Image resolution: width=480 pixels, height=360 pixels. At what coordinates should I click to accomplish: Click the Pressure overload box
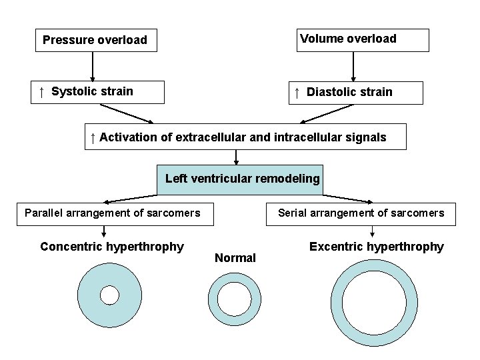pyautogui.click(x=94, y=40)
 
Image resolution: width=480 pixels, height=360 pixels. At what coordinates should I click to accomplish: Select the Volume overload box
pyautogui.click(x=353, y=39)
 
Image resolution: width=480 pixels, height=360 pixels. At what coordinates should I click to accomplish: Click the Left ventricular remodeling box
pyautogui.click(x=240, y=179)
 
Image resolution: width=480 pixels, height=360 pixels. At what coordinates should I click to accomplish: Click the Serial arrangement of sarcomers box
pyautogui.click(x=361, y=213)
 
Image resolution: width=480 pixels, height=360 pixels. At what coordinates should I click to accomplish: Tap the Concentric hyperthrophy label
pyautogui.click(x=111, y=247)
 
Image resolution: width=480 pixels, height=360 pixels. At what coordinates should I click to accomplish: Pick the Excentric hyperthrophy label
pyautogui.click(x=376, y=247)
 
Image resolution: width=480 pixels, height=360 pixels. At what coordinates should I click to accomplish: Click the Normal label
pyautogui.click(x=235, y=258)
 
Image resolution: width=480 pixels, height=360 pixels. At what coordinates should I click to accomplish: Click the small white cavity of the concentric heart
pyautogui.click(x=109, y=295)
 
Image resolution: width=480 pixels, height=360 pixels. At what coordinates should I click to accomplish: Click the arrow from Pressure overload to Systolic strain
pyautogui.click(x=93, y=66)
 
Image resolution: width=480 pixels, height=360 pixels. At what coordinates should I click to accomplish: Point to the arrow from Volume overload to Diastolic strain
pyautogui.click(x=353, y=67)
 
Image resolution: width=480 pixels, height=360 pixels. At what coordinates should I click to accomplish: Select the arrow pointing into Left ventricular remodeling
pyautogui.click(x=237, y=157)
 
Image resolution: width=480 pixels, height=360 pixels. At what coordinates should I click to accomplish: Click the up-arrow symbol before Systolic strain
pyautogui.click(x=41, y=91)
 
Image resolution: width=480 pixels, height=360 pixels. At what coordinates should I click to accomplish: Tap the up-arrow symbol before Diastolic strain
pyautogui.click(x=297, y=92)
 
